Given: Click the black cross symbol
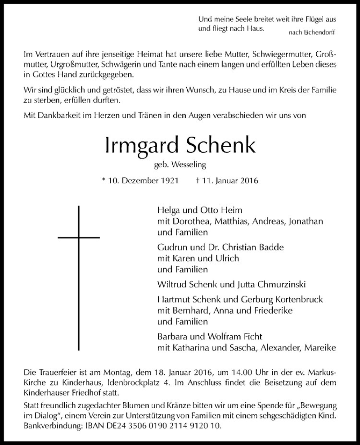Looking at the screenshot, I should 79,235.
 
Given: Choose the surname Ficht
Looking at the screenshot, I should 254,336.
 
